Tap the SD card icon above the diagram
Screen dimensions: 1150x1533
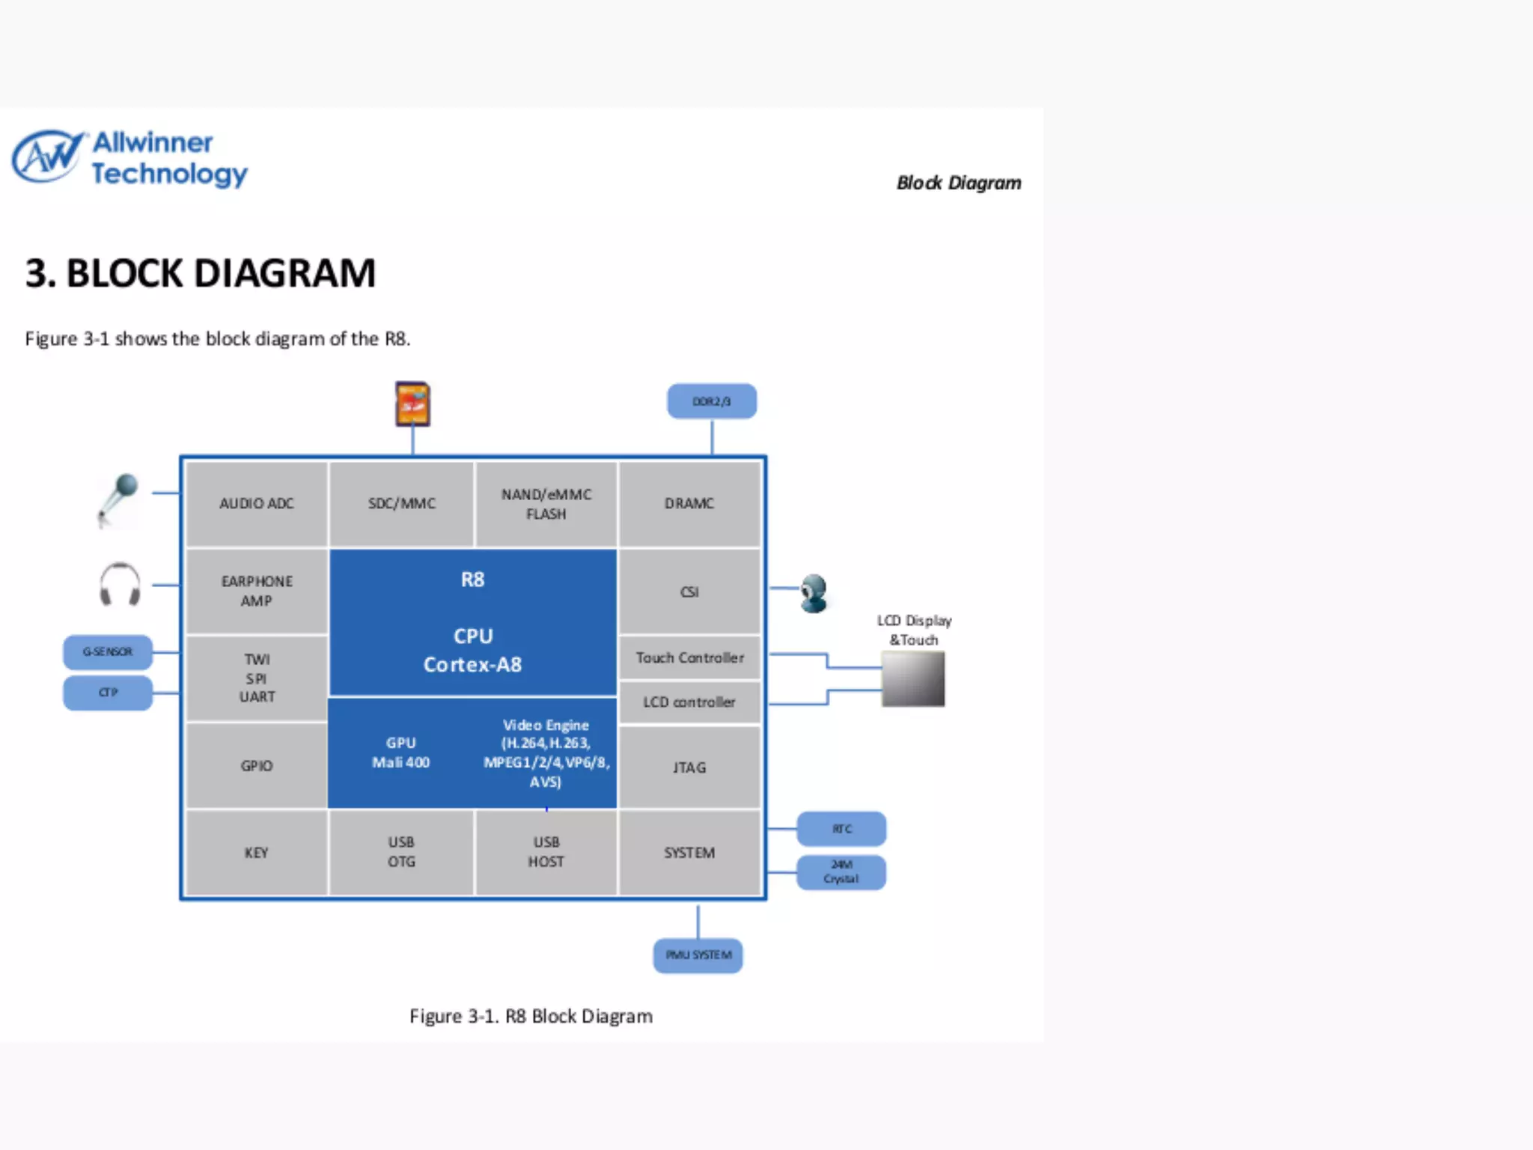(x=412, y=404)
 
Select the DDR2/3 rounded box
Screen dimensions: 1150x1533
(x=711, y=401)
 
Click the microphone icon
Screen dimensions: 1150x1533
(x=119, y=499)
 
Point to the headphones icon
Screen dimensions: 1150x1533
(x=120, y=585)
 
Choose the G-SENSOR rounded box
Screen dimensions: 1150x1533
(x=108, y=652)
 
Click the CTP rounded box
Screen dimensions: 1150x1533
(x=108, y=693)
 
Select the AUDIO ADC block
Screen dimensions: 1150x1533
(x=257, y=504)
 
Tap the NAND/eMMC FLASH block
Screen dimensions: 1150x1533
(x=546, y=504)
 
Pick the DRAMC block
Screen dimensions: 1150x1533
(x=689, y=504)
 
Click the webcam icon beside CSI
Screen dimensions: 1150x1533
(x=813, y=593)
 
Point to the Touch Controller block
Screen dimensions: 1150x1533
(x=689, y=657)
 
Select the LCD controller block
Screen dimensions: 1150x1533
(x=689, y=702)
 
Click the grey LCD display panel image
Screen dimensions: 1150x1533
(x=912, y=679)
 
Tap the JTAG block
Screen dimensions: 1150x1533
(x=689, y=767)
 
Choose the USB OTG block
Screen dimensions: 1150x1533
(x=401, y=852)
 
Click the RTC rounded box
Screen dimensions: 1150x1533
(x=841, y=829)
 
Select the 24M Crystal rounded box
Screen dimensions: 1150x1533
(x=841, y=872)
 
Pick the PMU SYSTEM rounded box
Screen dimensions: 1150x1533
(x=698, y=955)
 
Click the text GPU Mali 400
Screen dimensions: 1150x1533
(x=401, y=752)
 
